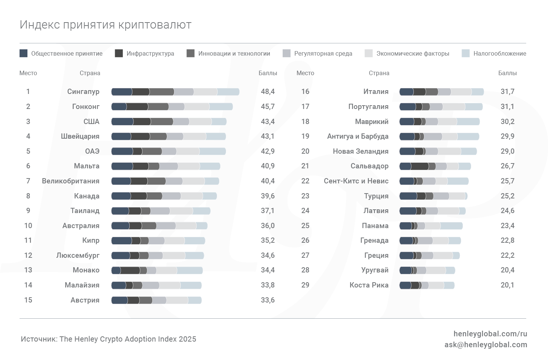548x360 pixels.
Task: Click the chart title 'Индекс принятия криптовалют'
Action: click(x=106, y=25)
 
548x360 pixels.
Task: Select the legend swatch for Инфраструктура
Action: click(x=119, y=53)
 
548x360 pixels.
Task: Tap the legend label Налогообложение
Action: click(x=500, y=53)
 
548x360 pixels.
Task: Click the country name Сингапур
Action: click(x=83, y=91)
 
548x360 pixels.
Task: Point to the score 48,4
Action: click(x=268, y=91)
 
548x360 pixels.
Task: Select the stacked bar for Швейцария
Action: click(x=168, y=136)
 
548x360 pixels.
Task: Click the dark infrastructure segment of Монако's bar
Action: click(x=130, y=270)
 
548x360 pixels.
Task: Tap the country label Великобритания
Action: click(x=71, y=181)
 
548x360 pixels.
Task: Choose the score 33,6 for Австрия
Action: click(x=268, y=300)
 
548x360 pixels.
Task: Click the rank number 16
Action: click(x=305, y=91)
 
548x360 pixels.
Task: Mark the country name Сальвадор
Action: click(x=369, y=166)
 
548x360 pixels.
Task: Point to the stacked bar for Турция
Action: click(x=433, y=196)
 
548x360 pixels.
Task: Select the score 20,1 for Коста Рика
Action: click(x=507, y=285)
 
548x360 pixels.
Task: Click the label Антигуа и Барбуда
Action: click(x=358, y=136)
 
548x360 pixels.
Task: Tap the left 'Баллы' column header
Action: click(x=268, y=73)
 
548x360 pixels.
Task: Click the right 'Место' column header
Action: click(x=305, y=73)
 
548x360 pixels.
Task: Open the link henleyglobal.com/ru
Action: click(x=490, y=334)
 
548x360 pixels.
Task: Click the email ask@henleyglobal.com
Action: click(x=486, y=345)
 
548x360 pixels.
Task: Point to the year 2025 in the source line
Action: click(x=188, y=339)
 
